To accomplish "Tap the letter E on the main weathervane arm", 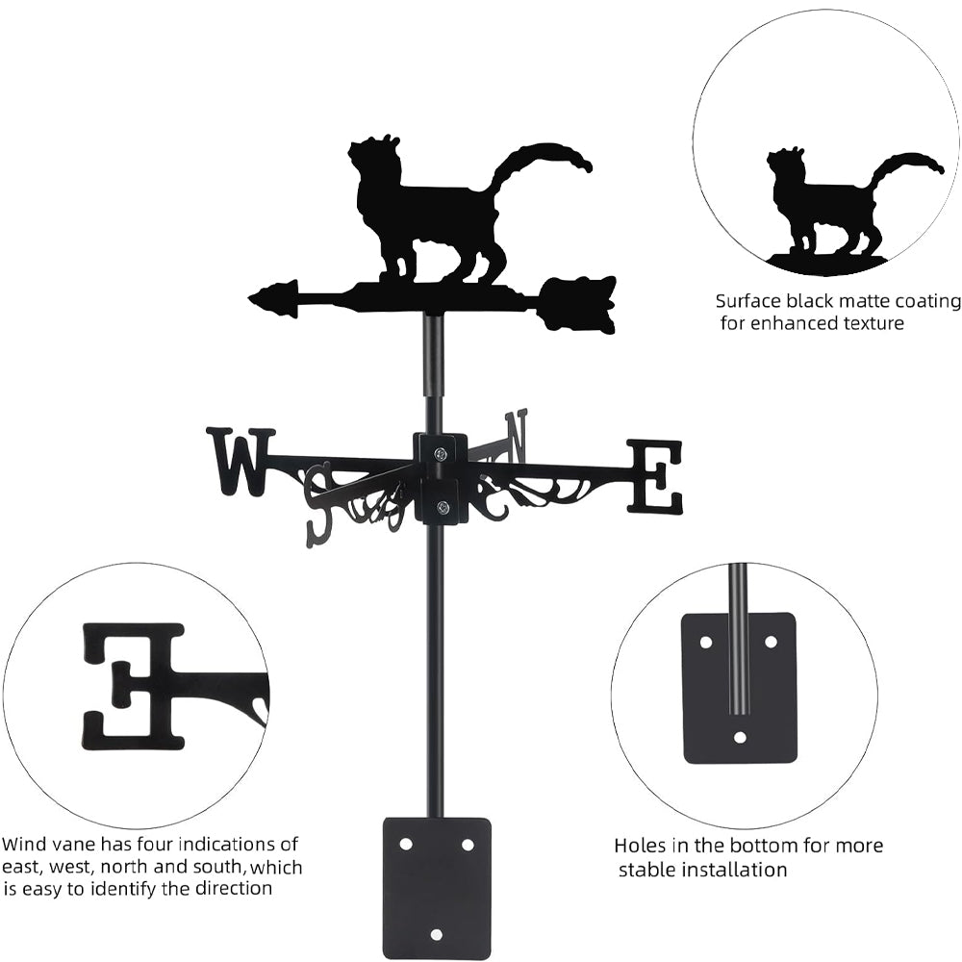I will [x=655, y=476].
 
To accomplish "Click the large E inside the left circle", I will [x=133, y=685].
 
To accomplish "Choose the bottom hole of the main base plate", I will [x=437, y=934].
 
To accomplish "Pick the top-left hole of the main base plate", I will [x=405, y=844].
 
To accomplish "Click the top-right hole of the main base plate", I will [x=468, y=844].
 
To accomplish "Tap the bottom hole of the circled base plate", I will [x=739, y=737].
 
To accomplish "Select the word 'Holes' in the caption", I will [x=641, y=846].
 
